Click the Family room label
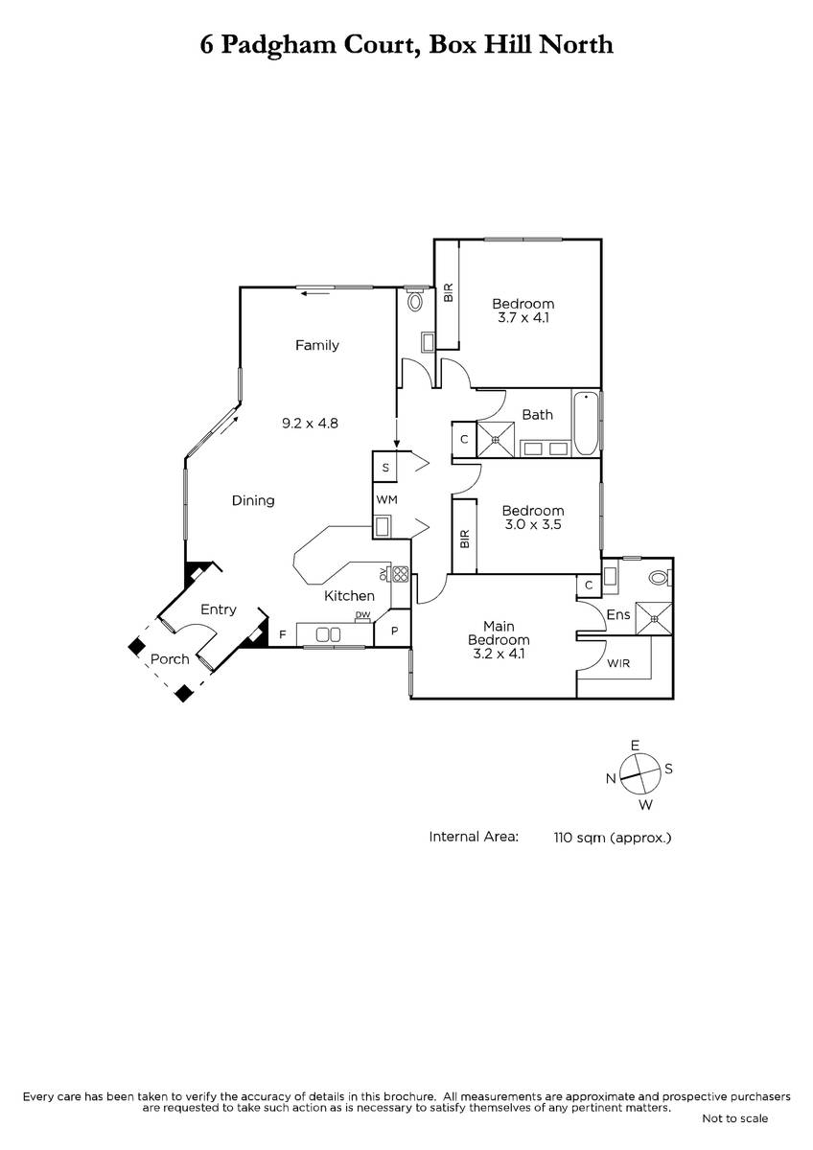317,346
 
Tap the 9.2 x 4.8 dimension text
310,423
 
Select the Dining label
253,500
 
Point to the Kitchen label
349,595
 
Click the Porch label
170,658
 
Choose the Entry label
219,609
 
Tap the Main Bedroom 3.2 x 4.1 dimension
499,654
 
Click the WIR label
617,663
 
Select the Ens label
617,614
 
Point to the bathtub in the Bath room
586,424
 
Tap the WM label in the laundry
386,499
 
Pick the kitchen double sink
328,635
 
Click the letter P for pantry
394,631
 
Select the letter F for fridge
283,635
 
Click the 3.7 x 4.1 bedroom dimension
523,318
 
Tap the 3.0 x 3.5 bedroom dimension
533,525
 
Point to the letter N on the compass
611,779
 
